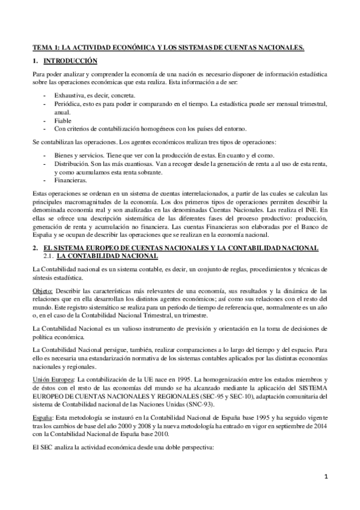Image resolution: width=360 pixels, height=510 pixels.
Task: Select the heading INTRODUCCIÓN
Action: pyautogui.click(x=72, y=61)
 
